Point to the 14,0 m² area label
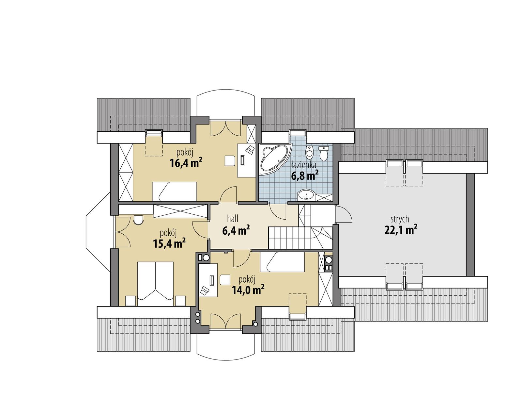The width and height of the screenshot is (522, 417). point(248,289)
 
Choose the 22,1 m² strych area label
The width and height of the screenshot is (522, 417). point(401,230)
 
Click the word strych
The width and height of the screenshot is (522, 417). point(400,219)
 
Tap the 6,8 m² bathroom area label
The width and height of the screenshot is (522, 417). point(304,176)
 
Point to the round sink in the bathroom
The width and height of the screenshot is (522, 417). point(306,195)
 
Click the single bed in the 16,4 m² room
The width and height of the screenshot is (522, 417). point(175,192)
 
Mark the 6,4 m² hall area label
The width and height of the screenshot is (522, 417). point(236,230)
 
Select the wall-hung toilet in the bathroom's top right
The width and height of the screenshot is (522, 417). point(324,153)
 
